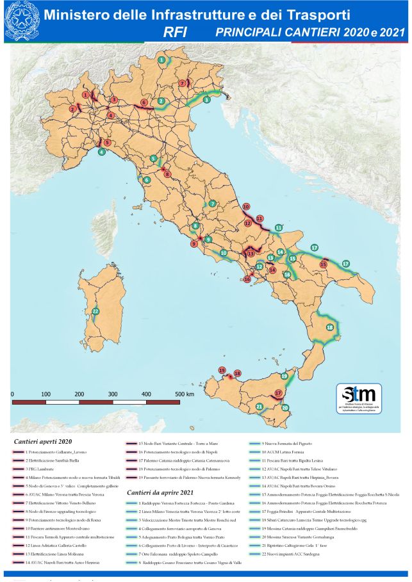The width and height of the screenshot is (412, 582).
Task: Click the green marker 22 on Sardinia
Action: [95, 311]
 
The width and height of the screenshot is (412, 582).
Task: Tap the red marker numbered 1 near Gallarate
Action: [85, 95]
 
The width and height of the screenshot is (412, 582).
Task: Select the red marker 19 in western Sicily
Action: [222, 371]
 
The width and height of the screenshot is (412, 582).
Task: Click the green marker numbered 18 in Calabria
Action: [329, 327]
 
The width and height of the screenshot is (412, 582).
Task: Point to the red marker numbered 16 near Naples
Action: [247, 279]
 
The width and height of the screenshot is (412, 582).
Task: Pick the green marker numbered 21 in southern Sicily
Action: [260, 407]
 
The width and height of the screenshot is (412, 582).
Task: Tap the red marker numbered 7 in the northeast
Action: [182, 83]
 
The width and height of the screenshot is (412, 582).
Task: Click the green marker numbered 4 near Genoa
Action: [101, 152]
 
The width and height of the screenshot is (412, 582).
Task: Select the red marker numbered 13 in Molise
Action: [251, 254]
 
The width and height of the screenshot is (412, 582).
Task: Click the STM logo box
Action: [359, 399]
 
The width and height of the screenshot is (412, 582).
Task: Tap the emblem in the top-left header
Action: [21, 22]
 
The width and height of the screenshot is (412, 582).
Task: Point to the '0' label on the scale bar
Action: [13, 394]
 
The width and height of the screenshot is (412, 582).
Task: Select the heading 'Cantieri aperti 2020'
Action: [44, 442]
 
